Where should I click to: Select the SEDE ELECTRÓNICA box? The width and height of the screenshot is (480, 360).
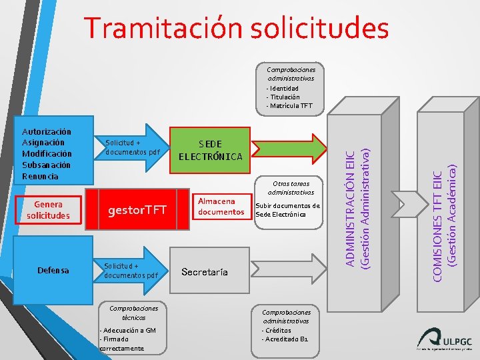(x=211, y=150)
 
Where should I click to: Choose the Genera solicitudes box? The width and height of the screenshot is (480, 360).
(x=50, y=211)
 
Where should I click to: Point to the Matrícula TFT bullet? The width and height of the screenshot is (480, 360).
(x=289, y=106)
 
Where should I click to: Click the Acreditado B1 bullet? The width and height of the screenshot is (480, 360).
(x=285, y=339)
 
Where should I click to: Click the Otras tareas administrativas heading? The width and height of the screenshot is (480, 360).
(x=289, y=188)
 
